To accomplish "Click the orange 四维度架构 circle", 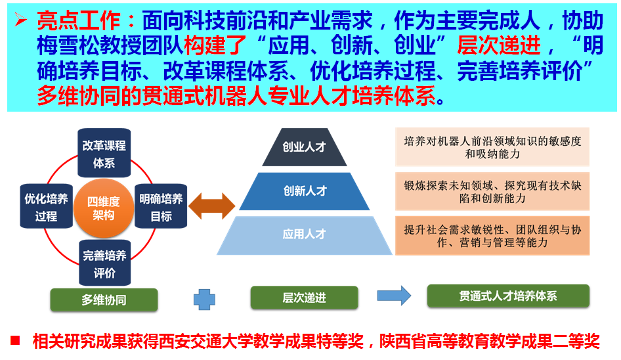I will pyautogui.click(x=104, y=208).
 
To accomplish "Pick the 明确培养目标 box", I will pyautogui.click(x=161, y=206).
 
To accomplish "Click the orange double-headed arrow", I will pyautogui.click(x=211, y=206).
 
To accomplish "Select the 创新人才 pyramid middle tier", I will pyautogui.click(x=304, y=191).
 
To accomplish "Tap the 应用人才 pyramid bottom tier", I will pyautogui.click(x=304, y=234).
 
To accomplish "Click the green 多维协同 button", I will pyautogui.click(x=104, y=300).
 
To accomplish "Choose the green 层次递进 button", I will pyautogui.click(x=304, y=298).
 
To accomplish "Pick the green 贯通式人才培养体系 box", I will pyautogui.click(x=507, y=296).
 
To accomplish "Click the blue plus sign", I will pyautogui.click(x=204, y=300).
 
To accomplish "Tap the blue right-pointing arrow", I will pyautogui.click(x=394, y=296).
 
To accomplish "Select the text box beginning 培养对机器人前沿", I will pyautogui.click(x=492, y=147).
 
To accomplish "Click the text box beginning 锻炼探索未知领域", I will pyautogui.click(x=492, y=191).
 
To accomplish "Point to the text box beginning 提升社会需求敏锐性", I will pyautogui.click(x=492, y=236).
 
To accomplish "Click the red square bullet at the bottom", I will pyautogui.click(x=16, y=340).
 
